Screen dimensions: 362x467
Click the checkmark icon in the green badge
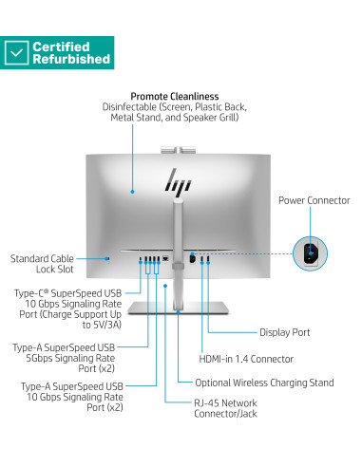tap(16, 52)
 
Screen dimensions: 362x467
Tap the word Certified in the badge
tap(61, 47)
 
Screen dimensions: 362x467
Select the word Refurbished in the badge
tap(71, 59)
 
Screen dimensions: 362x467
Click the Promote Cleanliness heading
tap(175, 96)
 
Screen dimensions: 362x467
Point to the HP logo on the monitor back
tap(178, 180)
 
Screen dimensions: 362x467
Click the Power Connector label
tap(314, 200)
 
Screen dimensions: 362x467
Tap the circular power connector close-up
tap(310, 253)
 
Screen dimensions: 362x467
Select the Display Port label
tap(285, 332)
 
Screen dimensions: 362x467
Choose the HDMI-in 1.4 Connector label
tap(246, 359)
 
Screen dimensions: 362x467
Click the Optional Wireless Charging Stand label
tap(264, 383)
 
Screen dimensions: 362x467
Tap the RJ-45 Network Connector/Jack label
tap(225, 408)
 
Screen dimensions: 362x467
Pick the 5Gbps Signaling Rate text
tap(70, 358)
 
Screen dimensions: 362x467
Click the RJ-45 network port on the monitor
tap(165, 258)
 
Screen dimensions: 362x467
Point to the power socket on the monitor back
tap(192, 257)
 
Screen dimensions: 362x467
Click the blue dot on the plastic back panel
tap(132, 192)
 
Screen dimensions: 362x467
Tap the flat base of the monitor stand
tap(178, 308)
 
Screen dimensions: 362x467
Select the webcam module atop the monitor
tap(178, 150)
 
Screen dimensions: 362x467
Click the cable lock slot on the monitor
tap(108, 259)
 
